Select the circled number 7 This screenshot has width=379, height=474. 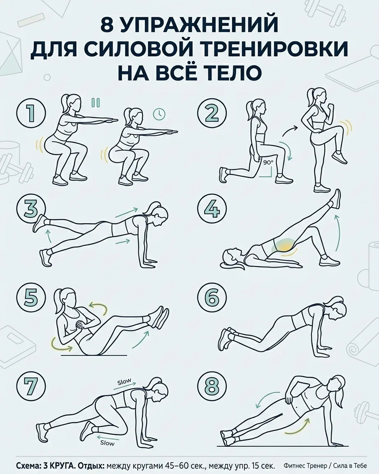click(x=31, y=387)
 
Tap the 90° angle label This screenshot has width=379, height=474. click(x=268, y=163)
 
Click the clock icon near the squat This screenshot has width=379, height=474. click(x=159, y=114)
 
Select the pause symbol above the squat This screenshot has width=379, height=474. click(x=95, y=102)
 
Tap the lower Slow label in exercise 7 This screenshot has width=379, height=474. click(x=107, y=443)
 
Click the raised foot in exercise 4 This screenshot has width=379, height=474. click(x=335, y=199)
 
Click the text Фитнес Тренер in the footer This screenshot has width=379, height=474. click(x=303, y=465)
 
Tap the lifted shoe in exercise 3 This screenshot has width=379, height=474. click(x=39, y=223)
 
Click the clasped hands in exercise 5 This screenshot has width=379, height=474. click(x=81, y=325)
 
